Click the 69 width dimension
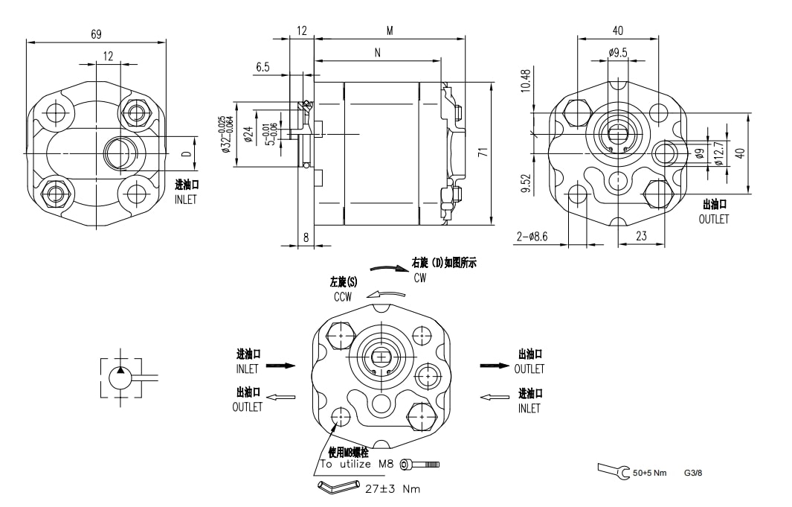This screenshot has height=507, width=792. coord(96,34)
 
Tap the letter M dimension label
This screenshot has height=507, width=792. coord(389,31)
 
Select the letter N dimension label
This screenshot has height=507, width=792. coord(378,53)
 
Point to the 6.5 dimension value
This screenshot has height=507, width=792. coord(263,67)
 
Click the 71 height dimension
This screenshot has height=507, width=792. coord(483,152)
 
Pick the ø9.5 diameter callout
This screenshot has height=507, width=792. coord(617,53)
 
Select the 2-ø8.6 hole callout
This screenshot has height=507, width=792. coord(532,237)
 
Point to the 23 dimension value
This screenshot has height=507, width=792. coord(641,237)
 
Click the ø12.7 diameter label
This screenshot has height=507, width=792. coord(718,153)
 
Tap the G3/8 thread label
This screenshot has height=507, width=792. coord(693,472)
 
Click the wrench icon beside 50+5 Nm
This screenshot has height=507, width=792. coord(613,471)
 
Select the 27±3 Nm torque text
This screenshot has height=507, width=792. coord(393,489)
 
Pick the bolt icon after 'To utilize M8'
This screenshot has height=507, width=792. coord(419,465)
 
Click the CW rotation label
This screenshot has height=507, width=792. coord(420,278)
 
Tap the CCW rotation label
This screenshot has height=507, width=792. coord(343,296)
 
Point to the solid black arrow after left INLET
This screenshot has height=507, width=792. coord(280,366)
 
